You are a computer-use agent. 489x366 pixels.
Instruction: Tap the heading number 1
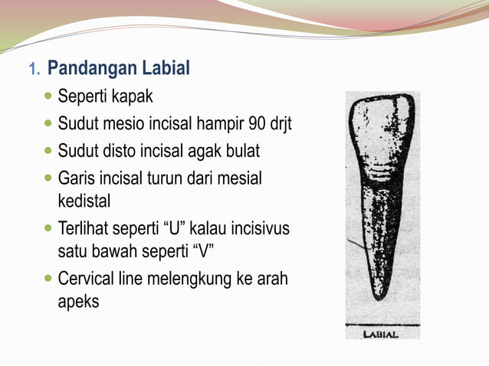(x=33, y=70)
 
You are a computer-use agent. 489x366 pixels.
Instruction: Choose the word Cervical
(x=89, y=279)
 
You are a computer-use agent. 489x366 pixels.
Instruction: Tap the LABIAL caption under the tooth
(x=381, y=335)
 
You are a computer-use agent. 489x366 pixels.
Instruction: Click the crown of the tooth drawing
(x=381, y=138)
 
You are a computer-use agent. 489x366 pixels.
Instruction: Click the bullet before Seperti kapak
(x=49, y=98)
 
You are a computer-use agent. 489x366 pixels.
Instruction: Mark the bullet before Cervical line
(x=49, y=279)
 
